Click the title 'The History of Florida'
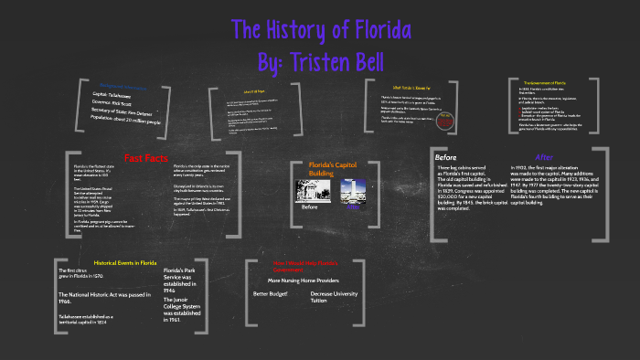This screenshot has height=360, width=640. point(321,30)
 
